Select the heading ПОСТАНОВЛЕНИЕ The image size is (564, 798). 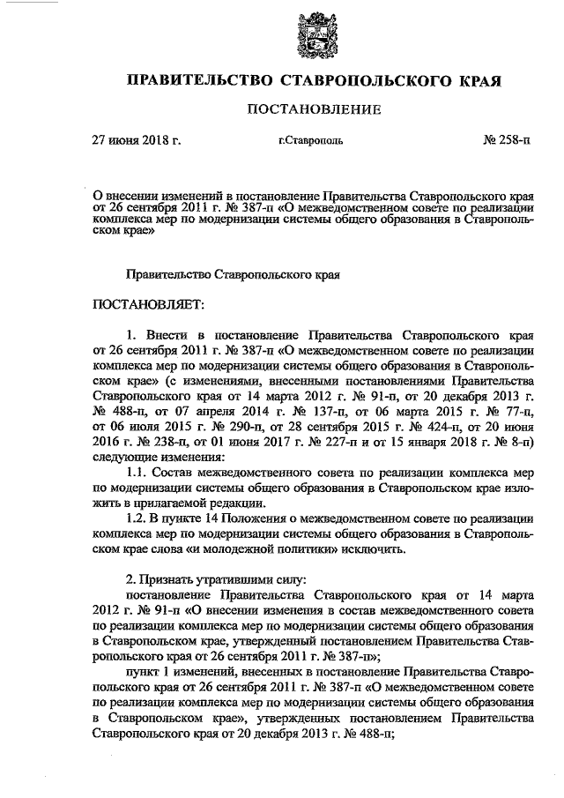(x=314, y=110)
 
